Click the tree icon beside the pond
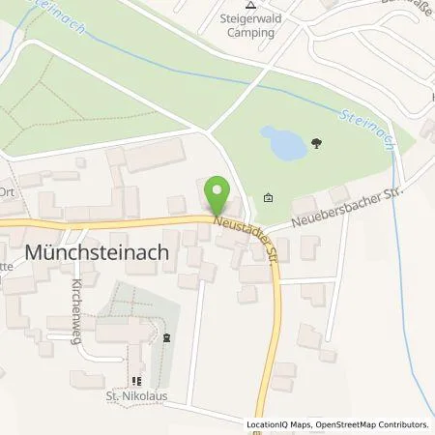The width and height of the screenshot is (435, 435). (x=316, y=146)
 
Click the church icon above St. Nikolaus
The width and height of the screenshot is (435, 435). (x=134, y=381)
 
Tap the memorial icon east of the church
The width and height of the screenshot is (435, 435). (x=166, y=338)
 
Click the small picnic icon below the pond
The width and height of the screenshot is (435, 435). (x=268, y=199)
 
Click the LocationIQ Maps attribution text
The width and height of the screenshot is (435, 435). (x=279, y=424)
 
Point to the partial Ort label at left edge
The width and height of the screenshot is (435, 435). (x=7, y=190)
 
